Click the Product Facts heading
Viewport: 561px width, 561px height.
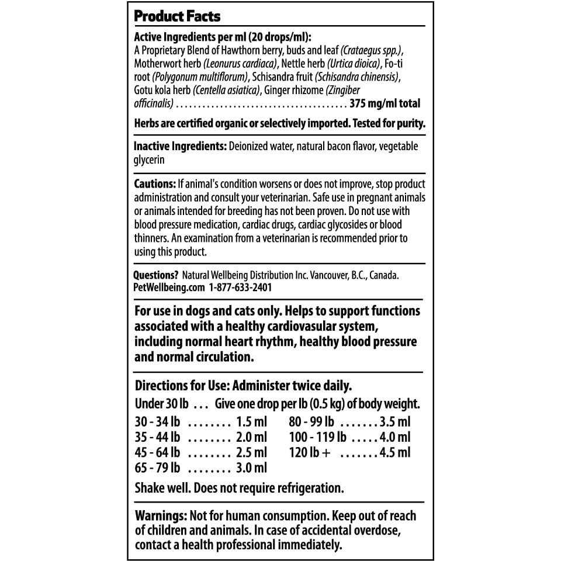click(177, 15)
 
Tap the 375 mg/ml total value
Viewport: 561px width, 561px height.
click(385, 104)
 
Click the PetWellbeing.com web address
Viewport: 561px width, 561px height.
click(169, 288)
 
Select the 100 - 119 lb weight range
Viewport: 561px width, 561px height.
click(318, 437)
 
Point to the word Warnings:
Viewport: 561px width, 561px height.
click(161, 517)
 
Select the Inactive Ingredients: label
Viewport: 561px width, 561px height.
click(180, 147)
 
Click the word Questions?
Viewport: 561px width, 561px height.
click(156, 275)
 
